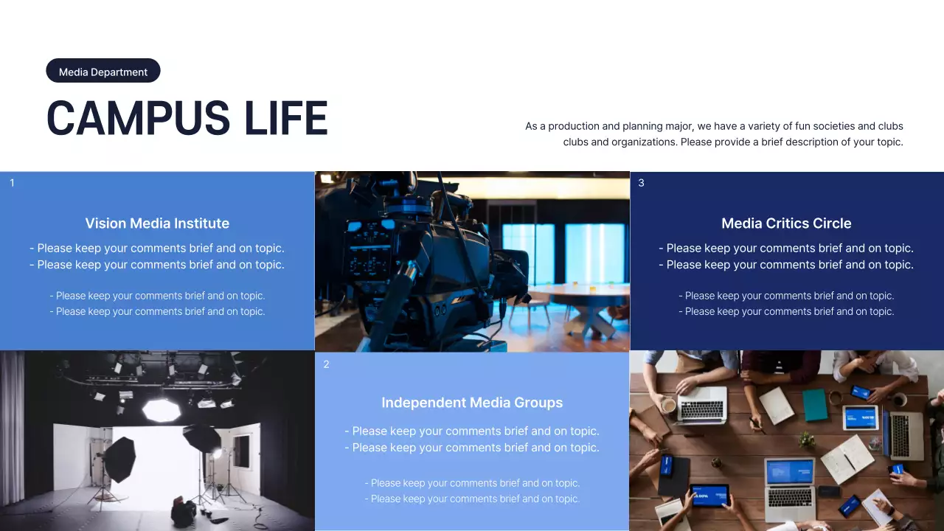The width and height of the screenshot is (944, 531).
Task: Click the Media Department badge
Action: (x=103, y=72)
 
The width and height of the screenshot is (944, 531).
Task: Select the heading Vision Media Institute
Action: (x=157, y=223)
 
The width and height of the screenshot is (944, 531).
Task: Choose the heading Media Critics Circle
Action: (x=786, y=223)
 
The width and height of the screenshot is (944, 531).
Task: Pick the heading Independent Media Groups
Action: (x=472, y=403)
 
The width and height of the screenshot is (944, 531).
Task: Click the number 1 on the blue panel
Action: (x=12, y=183)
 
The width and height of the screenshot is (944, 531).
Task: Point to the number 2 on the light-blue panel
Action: (x=327, y=364)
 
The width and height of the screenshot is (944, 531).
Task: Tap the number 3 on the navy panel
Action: (x=641, y=183)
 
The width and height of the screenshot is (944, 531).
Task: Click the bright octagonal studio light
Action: (x=161, y=409)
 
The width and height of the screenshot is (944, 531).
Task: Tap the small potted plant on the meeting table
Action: (x=807, y=440)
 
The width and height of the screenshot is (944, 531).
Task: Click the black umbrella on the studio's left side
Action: (x=119, y=459)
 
